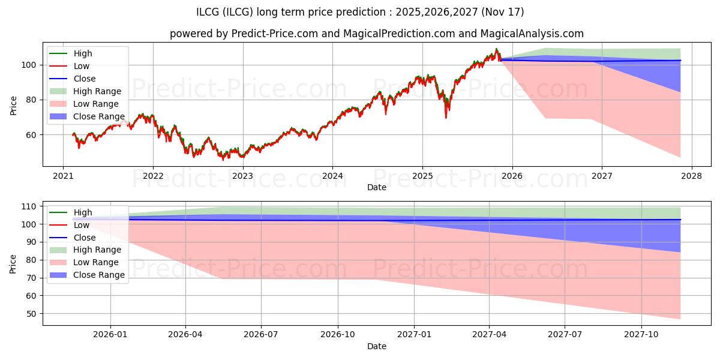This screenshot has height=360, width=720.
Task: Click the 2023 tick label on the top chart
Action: click(242, 176)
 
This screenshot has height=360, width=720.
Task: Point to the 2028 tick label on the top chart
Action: click(692, 176)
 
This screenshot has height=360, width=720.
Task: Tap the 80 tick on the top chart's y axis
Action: click(31, 100)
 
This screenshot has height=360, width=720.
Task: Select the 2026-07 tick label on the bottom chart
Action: click(260, 335)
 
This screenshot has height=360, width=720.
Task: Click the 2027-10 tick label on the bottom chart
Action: click(641, 335)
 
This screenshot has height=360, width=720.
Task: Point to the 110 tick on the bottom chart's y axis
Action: click(29, 206)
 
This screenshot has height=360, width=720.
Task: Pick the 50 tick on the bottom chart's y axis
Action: click(31, 314)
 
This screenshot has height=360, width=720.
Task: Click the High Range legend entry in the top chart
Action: click(85, 91)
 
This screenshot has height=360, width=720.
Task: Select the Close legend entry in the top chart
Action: click(73, 79)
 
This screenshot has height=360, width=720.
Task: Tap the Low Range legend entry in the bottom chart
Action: click(84, 262)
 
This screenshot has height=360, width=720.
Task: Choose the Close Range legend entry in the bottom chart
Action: click(87, 275)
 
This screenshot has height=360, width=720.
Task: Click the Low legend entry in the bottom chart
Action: click(70, 225)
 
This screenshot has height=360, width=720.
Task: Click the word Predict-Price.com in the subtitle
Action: click(275, 34)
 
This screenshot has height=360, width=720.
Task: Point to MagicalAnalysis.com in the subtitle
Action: click(532, 34)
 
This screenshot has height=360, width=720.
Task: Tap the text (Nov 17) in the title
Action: click(503, 12)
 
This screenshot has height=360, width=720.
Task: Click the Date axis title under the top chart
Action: click(377, 187)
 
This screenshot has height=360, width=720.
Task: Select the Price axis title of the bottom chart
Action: click(13, 264)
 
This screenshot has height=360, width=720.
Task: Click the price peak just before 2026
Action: click(497, 49)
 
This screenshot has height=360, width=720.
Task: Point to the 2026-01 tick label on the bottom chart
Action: click(110, 335)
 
